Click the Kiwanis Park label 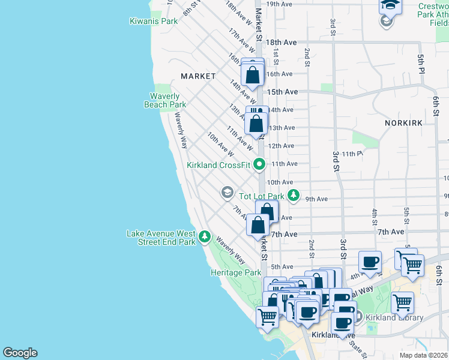click(x=154, y=21)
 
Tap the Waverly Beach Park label click(x=165, y=100)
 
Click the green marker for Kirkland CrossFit click(x=259, y=163)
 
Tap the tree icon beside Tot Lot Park click(x=293, y=195)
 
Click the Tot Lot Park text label click(x=261, y=196)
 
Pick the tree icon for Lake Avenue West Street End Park click(x=205, y=237)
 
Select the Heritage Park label click(x=235, y=272)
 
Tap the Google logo click(x=20, y=353)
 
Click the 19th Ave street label click(x=279, y=4)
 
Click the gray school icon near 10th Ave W click(x=227, y=192)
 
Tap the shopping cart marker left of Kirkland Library click(x=402, y=302)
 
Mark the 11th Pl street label click(x=353, y=154)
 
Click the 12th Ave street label click(x=280, y=146)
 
